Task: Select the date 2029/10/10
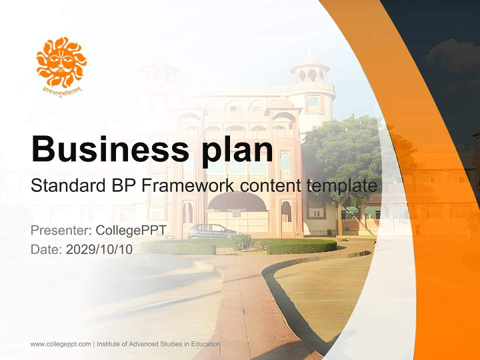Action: (99, 249)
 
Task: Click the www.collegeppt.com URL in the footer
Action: (60, 344)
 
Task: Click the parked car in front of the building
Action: (211, 231)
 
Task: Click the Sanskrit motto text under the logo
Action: (61, 90)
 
